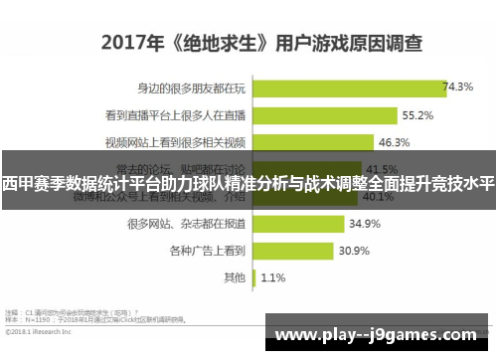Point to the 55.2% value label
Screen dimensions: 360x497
pos(389,115)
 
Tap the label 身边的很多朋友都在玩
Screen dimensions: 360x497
pos(193,88)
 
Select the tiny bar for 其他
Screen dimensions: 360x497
pos(256,277)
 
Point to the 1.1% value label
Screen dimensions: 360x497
pos(273,277)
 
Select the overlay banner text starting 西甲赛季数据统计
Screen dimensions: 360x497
pos(248,184)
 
